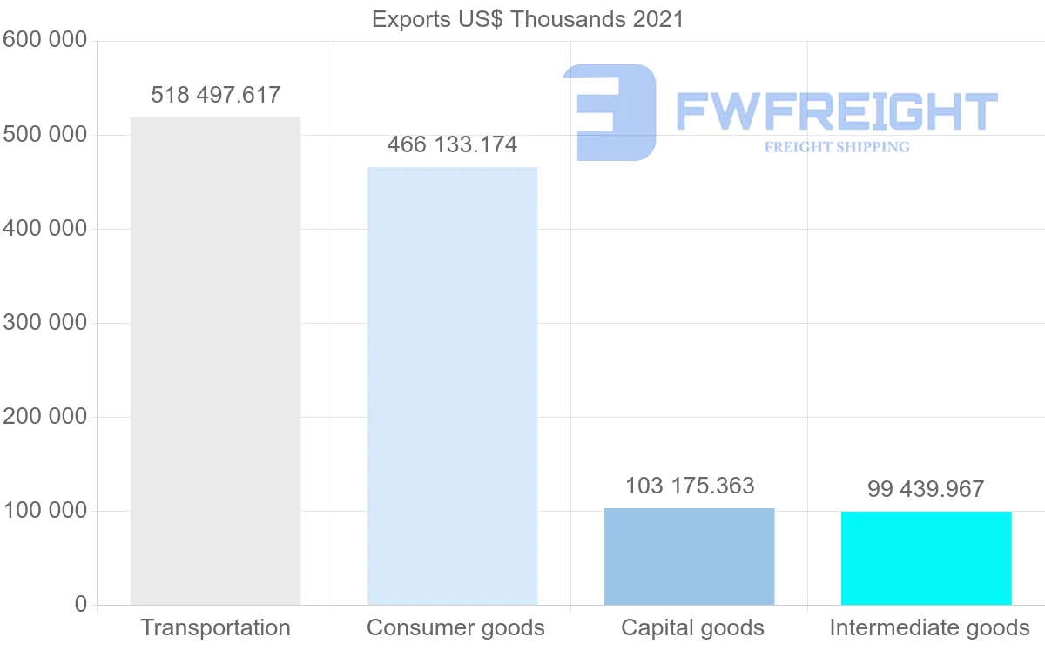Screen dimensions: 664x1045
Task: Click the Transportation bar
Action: click(215, 361)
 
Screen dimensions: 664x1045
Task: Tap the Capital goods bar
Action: click(689, 556)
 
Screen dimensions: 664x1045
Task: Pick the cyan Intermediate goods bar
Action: click(926, 558)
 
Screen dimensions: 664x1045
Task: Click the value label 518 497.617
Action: click(215, 95)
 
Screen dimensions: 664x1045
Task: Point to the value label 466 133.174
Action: click(452, 144)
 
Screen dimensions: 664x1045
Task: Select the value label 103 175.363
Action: click(689, 486)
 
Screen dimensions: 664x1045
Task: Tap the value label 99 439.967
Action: click(926, 489)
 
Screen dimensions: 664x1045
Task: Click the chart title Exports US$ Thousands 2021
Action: click(528, 19)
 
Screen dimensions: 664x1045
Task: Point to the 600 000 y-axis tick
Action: click(44, 41)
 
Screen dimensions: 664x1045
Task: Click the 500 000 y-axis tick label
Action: click(44, 135)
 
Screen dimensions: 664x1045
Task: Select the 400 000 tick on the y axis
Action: click(44, 229)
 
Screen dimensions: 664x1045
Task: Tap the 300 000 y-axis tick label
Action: click(44, 323)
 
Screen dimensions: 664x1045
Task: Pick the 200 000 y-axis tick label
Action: click(44, 417)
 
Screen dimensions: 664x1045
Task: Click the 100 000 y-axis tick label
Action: click(44, 511)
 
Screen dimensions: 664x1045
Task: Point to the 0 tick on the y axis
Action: click(81, 605)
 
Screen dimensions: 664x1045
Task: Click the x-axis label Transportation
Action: click(215, 627)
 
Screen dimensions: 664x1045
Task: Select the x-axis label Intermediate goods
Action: click(929, 627)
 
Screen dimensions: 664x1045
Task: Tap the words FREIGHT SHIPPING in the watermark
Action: click(837, 147)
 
